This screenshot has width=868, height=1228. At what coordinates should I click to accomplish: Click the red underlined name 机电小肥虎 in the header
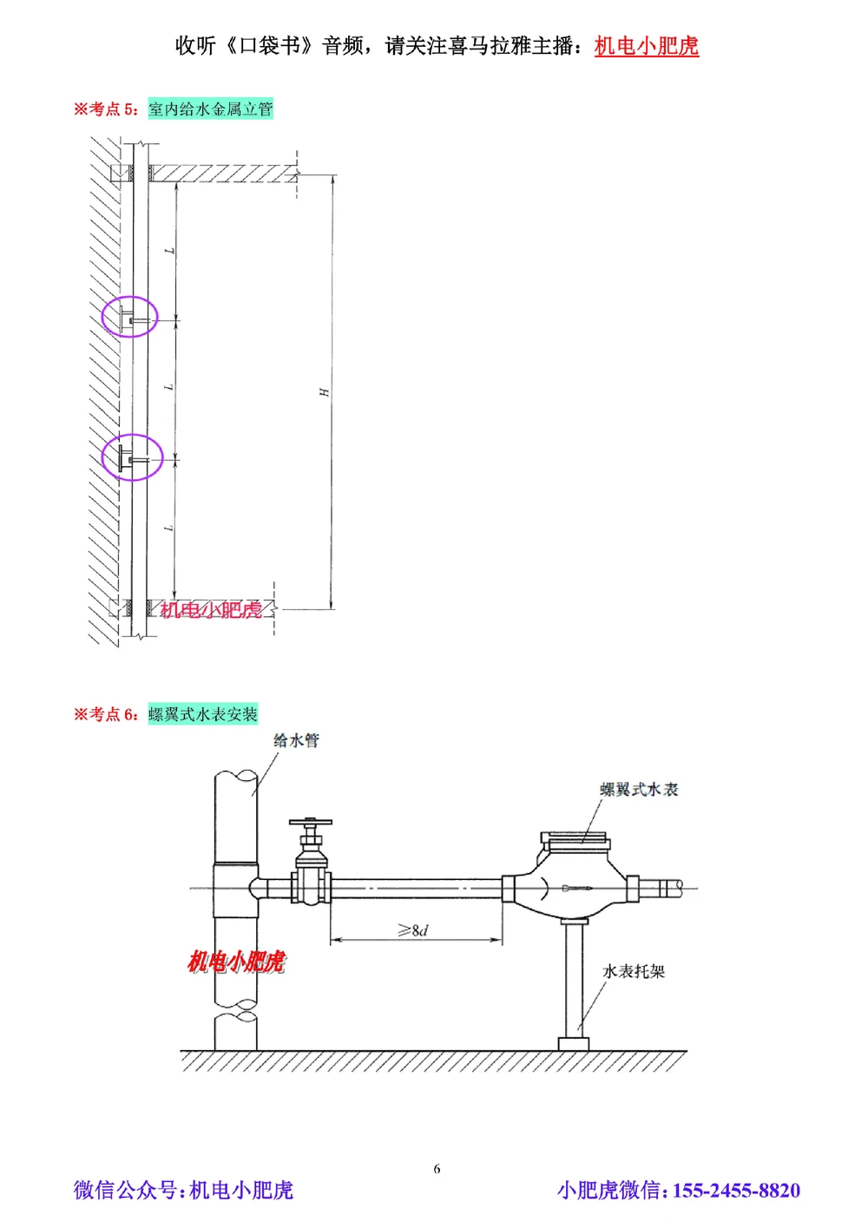(646, 46)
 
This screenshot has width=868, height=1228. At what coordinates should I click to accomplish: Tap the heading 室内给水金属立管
(210, 109)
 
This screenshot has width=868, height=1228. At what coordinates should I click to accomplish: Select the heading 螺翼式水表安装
(202, 714)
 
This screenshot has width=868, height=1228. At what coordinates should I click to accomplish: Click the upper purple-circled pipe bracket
(130, 317)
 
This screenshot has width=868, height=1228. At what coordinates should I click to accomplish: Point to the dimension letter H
(324, 392)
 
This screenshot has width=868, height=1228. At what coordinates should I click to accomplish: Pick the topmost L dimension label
(170, 251)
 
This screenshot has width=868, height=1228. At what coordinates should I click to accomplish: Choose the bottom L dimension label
(169, 528)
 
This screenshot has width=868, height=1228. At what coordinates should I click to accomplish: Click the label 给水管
(296, 740)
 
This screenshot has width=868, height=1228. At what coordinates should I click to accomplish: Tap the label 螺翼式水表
(639, 789)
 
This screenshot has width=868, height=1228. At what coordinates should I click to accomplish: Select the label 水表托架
(634, 971)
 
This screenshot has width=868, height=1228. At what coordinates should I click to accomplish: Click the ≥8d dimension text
(413, 930)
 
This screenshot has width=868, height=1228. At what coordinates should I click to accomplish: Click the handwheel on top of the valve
(311, 821)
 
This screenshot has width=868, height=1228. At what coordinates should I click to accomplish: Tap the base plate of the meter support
(573, 1043)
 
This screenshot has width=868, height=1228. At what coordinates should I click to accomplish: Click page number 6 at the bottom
(437, 1168)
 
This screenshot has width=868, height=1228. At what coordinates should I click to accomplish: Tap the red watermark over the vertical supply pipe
(236, 962)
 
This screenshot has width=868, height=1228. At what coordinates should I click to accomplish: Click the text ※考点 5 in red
(105, 109)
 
